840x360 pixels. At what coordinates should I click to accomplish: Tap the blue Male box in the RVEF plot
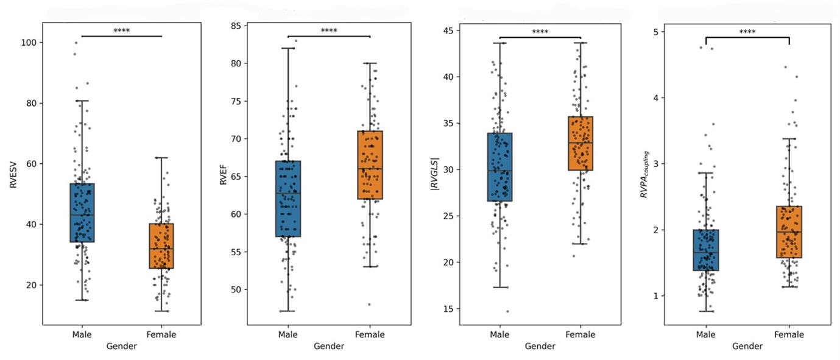(288, 199)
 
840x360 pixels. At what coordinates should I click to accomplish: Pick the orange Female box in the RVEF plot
(370, 164)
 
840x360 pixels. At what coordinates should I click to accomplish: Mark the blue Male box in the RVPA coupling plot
(706, 250)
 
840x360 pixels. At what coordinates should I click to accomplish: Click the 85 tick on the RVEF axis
(235, 26)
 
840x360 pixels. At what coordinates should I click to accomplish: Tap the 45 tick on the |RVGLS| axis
(446, 30)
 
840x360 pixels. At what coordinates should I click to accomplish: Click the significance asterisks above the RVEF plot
(328, 30)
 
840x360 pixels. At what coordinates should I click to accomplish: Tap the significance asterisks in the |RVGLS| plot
(540, 32)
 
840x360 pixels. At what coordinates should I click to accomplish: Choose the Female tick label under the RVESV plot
(161, 334)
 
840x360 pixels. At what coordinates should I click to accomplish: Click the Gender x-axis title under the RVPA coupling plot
(747, 347)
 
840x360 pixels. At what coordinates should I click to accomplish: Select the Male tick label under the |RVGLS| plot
(499, 334)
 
